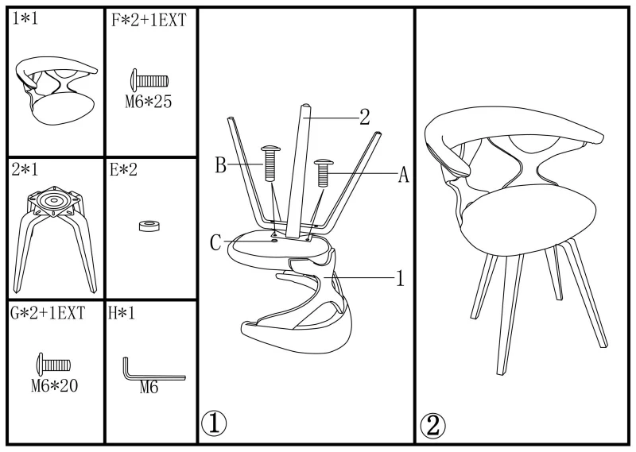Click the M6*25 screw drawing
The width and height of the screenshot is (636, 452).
point(149,80)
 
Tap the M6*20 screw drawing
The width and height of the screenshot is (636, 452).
point(54,365)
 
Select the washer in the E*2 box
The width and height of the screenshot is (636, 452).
point(149,226)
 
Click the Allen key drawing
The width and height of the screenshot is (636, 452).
point(152,369)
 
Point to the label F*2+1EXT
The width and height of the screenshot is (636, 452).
point(149,21)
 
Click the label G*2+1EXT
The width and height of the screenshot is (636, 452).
point(48,313)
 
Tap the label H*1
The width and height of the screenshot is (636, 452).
point(122,313)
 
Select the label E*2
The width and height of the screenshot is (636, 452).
point(123,170)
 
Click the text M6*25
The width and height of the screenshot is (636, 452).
point(149,102)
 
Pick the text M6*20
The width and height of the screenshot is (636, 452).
point(54,385)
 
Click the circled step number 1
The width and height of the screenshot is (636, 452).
point(214,424)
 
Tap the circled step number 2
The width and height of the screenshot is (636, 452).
point(432,426)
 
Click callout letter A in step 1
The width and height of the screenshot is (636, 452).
point(403,175)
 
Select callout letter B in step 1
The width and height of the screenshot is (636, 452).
point(220,165)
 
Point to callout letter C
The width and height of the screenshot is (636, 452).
point(215,243)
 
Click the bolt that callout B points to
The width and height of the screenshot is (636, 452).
point(271,163)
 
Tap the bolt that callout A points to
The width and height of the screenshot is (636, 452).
point(324,172)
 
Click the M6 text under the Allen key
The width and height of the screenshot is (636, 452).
point(149,388)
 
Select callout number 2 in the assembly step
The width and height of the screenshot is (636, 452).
point(365,117)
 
